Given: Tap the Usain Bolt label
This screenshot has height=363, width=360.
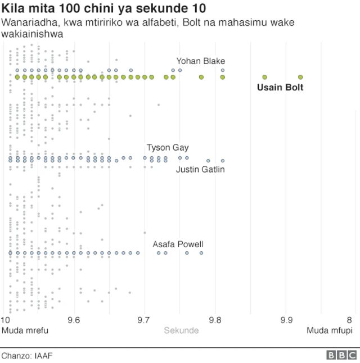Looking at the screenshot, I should point(280,88).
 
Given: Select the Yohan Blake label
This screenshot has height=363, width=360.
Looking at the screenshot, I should point(201,61).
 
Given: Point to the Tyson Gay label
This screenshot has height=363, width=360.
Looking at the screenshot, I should point(168,148).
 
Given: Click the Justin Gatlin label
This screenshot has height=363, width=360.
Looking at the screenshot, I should point(200,170).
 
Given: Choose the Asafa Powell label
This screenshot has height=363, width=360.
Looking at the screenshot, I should point(178,244).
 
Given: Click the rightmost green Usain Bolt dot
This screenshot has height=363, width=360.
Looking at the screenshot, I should point(300,77).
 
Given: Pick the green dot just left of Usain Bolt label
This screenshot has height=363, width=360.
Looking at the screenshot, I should point(265,77).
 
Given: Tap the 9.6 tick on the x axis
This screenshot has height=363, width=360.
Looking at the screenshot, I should point(74,320).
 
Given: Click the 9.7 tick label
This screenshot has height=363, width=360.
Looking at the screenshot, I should point(145,320).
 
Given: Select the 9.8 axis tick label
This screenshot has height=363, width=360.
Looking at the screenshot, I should point(215,320).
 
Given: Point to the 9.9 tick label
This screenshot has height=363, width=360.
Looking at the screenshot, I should point(286,320).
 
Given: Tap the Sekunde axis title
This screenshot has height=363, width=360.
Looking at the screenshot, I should point(181,330).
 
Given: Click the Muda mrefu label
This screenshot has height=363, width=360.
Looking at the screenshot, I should point(25,330).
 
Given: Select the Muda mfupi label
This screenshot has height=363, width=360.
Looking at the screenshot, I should point(329,330).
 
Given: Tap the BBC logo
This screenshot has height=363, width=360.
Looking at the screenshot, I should point(341,356).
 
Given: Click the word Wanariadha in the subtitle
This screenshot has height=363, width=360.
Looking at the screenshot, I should point(25,22).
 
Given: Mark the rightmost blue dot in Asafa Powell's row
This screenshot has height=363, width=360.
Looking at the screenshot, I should point(201,253).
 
